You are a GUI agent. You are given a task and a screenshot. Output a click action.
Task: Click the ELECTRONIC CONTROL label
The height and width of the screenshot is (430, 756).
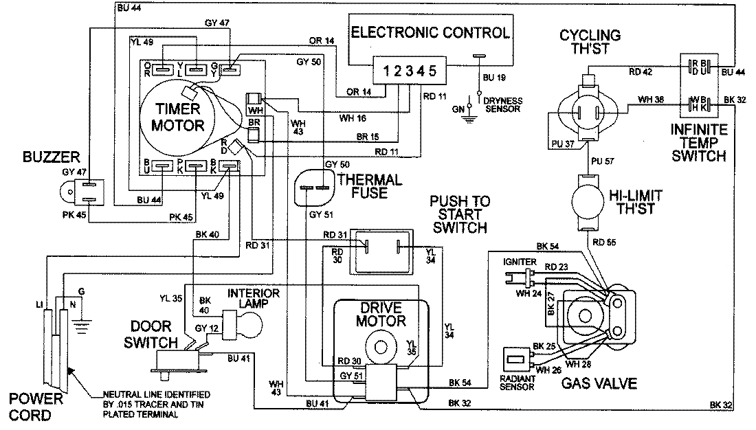(x=431, y=32)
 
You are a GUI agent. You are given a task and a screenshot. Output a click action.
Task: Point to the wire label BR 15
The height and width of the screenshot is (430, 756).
(x=368, y=136)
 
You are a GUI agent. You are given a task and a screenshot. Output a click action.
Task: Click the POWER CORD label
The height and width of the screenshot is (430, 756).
(x=35, y=407)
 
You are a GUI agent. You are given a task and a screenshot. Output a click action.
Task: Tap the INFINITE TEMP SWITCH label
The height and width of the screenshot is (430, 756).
(x=699, y=142)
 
